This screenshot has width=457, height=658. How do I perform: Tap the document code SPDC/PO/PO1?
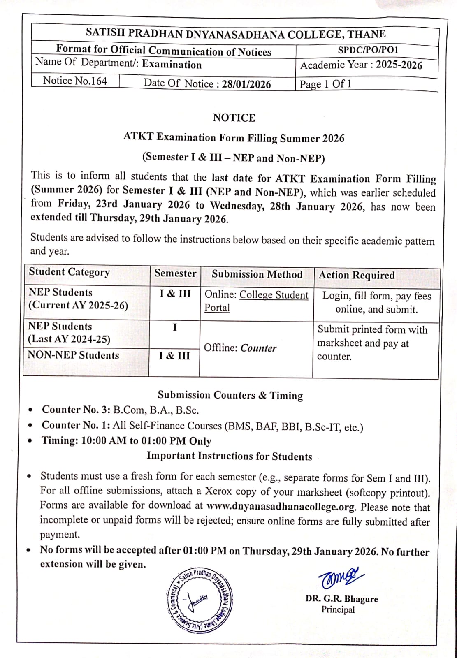(368, 50)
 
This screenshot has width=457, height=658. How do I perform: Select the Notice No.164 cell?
(75, 81)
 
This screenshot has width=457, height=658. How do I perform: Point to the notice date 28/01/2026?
(246, 84)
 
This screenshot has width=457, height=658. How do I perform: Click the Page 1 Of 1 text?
(325, 84)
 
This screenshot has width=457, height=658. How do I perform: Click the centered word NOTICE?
(234, 118)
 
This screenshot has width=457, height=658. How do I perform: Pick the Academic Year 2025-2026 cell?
(361, 65)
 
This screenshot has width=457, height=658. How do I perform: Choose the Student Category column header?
(69, 272)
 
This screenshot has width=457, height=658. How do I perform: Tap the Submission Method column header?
(257, 274)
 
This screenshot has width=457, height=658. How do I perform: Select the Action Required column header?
(357, 275)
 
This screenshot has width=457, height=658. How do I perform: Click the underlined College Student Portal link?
(256, 301)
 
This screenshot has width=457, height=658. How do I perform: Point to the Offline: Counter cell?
(240, 348)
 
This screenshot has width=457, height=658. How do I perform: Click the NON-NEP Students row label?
(73, 355)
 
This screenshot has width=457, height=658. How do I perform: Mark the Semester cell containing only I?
(175, 328)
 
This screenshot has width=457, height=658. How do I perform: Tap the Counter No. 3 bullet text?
(120, 410)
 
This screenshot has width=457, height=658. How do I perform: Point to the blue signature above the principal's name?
(340, 577)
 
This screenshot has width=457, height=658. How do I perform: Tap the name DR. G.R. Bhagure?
(341, 599)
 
